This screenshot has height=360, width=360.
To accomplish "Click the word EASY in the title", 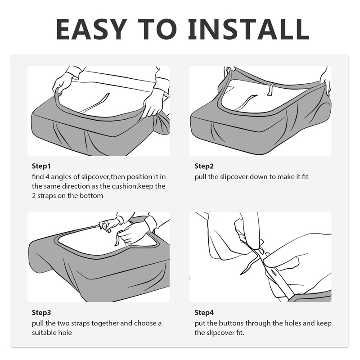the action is point(92,29).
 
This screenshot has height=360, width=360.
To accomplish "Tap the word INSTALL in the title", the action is point(248,29).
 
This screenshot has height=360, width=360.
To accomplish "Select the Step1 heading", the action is point(41,166).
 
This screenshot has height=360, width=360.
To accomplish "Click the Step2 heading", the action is point(204,166).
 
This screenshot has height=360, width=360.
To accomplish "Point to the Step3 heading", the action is point(41,312).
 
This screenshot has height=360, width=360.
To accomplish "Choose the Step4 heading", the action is point(204,312).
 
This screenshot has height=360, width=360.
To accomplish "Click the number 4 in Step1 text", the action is point(47,177).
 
